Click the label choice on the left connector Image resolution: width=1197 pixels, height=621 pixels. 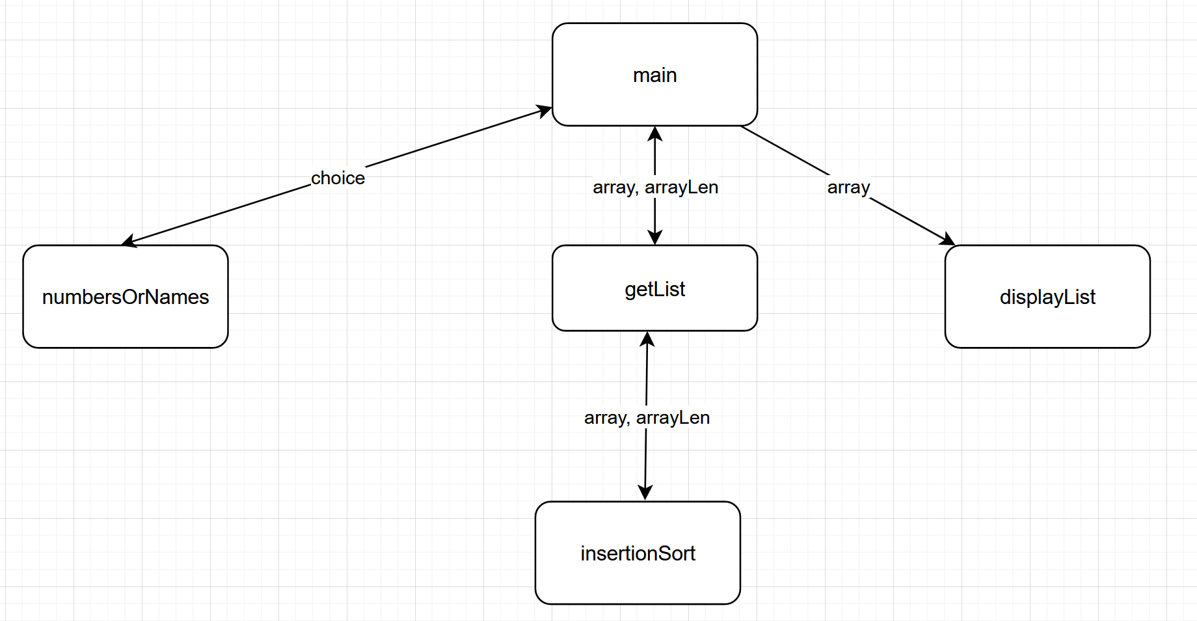338,178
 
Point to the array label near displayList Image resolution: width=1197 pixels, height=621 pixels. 848,187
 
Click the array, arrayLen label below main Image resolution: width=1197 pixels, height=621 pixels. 655,187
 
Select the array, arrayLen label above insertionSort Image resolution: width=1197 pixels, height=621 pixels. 647,418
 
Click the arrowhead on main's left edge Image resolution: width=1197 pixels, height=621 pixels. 545,110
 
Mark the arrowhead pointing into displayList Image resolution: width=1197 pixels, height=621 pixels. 948,240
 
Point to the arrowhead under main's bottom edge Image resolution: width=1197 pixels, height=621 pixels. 655,133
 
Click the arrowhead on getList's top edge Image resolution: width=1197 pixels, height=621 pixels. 655,238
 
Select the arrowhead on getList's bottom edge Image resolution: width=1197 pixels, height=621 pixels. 647,338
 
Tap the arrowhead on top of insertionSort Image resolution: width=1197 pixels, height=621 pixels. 645,493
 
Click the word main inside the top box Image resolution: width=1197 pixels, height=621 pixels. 654,76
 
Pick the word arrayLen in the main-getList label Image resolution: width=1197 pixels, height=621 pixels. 681,187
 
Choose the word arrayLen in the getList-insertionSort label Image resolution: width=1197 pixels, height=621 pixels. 673,418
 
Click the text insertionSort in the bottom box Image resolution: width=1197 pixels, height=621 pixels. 638,554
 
